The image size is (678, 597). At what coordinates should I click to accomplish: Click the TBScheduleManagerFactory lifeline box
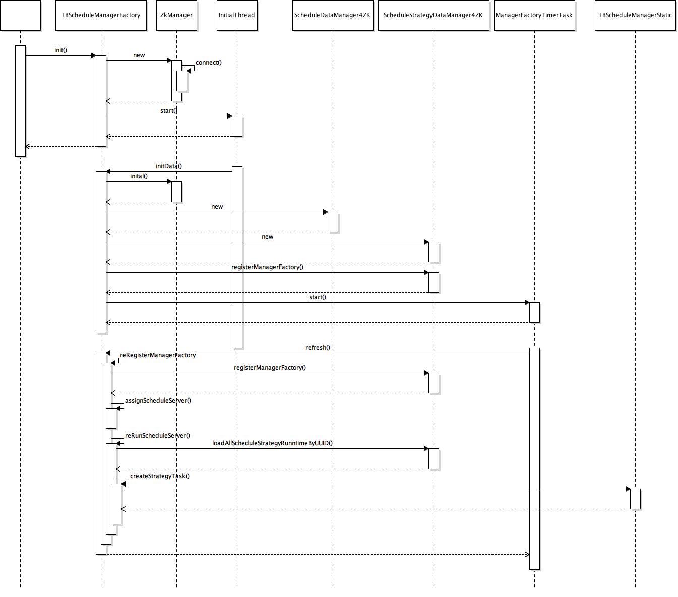coord(101,15)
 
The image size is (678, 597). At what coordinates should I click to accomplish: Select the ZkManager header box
coord(176,15)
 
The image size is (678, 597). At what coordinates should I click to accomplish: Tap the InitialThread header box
coord(237,15)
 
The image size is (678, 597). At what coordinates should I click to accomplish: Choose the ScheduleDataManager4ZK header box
coord(333,15)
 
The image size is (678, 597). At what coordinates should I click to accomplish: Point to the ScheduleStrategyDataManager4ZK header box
coord(434,15)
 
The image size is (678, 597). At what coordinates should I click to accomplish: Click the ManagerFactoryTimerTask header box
coord(534,15)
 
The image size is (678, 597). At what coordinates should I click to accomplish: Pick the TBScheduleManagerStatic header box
coord(635,15)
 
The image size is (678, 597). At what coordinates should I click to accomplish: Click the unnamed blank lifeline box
coord(20,15)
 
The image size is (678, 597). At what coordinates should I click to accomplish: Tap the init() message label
coord(60,50)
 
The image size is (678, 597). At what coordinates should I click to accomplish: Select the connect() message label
coord(209,63)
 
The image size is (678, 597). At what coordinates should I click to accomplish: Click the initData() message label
coord(169,166)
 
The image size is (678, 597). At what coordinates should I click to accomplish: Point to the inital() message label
coord(139,176)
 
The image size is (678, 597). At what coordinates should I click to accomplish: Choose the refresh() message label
coord(318,348)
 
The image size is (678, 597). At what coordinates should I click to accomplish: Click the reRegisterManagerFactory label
coord(158,355)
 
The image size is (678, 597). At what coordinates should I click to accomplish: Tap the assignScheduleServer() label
coord(158,401)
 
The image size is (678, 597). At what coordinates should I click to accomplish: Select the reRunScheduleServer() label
coord(157,436)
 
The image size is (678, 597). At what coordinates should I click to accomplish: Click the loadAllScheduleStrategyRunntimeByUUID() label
coord(272,443)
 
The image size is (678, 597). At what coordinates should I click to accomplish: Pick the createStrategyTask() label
coord(160,476)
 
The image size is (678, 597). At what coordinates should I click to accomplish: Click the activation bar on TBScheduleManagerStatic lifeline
coord(635,499)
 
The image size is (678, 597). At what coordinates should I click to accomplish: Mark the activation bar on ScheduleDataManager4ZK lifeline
coord(333,222)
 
